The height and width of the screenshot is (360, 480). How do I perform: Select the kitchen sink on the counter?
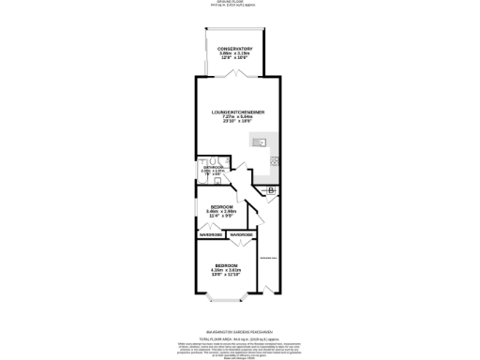pos(260,143)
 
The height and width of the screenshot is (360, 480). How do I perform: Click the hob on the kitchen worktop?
pos(275,160)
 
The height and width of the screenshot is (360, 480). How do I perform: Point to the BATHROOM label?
pos(213,167)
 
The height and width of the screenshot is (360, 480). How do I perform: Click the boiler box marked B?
pos(270,192)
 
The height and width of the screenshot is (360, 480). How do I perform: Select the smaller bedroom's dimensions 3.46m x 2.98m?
pos(221,211)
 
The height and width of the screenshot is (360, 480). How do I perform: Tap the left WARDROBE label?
pos(211,234)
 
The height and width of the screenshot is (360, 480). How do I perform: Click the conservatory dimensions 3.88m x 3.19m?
pos(234,53)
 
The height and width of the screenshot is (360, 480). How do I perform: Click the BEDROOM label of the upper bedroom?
pos(221,205)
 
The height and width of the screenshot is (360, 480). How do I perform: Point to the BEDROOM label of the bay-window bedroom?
pos(221,266)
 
